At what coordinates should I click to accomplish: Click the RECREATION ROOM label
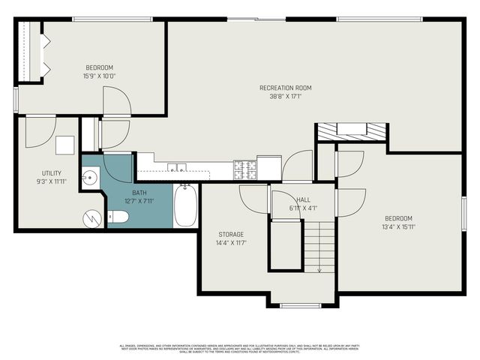click(x=285, y=88)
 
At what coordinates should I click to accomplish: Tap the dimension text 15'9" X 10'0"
click(x=99, y=76)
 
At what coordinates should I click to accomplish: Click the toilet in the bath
click(x=118, y=217)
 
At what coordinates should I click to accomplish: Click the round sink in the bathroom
click(x=90, y=178)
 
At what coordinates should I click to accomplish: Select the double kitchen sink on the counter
click(x=177, y=167)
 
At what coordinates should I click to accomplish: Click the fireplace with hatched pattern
click(x=351, y=130)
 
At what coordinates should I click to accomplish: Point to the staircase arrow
click(x=319, y=268)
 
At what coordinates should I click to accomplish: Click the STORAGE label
click(x=231, y=235)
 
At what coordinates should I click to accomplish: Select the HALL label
click(x=302, y=199)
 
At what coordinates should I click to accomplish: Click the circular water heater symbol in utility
click(x=92, y=219)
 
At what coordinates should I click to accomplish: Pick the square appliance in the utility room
click(x=65, y=145)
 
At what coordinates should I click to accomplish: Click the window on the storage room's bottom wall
click(x=301, y=304)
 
